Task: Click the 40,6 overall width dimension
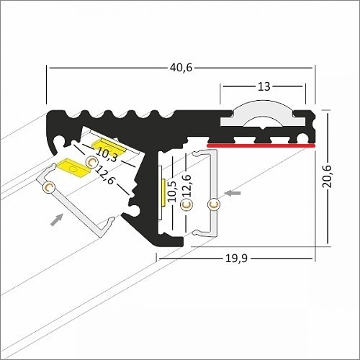click(x=181, y=68)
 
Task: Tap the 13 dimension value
click(x=264, y=86)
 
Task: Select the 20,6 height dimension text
click(x=327, y=176)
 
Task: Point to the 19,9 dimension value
click(x=236, y=258)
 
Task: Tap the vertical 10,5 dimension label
click(x=172, y=192)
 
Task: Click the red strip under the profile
click(x=261, y=145)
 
